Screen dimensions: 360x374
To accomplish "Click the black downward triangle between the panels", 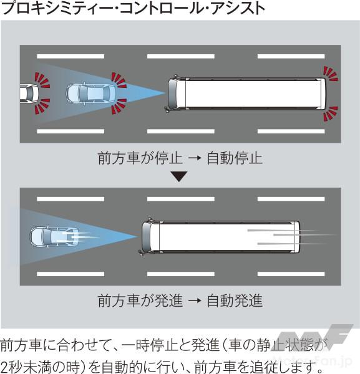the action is click(179, 176).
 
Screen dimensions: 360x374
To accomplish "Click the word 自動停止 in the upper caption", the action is click(235, 158).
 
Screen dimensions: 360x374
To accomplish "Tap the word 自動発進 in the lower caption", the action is click(235, 300).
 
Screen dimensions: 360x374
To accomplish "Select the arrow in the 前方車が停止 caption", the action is click(195, 158).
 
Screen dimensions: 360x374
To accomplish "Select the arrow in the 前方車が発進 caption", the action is click(195, 301).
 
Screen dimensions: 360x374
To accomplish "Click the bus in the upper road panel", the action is click(245, 93).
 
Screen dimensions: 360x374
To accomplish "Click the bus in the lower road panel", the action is click(219, 237).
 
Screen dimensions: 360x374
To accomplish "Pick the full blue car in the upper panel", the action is click(91, 93).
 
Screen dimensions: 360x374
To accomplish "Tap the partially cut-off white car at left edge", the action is click(29, 93).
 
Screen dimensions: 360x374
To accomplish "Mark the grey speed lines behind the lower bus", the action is click(292, 237).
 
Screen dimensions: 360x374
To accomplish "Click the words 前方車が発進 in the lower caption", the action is click(140, 300).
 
